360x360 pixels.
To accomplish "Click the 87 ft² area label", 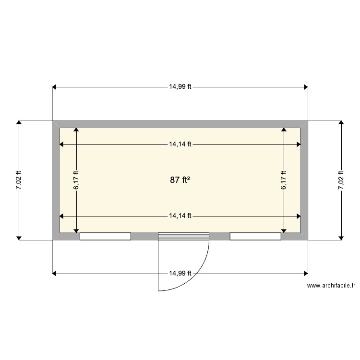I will click(180, 180).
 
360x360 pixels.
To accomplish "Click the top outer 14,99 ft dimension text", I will click(180, 87).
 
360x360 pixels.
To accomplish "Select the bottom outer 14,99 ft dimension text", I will click(180, 273).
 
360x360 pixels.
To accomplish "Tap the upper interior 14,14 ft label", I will click(180, 144).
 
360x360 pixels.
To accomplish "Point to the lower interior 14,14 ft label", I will click(180, 216).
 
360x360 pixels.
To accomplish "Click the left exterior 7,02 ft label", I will click(18, 180).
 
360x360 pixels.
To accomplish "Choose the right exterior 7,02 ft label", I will click(341, 180).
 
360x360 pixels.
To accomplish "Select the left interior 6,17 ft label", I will click(76, 180).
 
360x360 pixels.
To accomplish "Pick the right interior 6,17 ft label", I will click(284, 180).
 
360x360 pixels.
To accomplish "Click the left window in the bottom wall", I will click(105, 236).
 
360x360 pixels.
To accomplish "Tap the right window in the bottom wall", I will click(255, 236).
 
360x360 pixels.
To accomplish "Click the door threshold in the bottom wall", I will click(184, 236).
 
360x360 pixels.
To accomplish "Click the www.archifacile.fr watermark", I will click(331, 286).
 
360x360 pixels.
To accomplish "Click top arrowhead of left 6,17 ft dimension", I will click(76, 130).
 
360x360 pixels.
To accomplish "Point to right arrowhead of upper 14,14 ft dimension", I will click(299, 144).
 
